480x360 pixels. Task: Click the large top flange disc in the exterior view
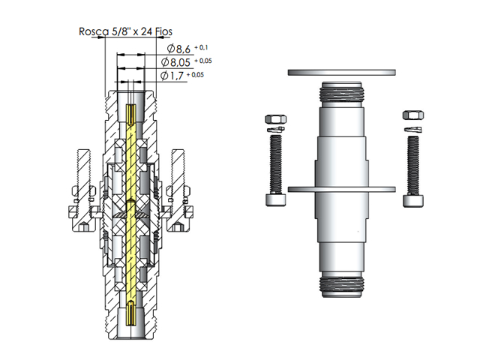click(342, 72)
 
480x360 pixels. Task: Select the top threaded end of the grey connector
click(341, 93)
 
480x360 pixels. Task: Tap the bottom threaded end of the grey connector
click(341, 284)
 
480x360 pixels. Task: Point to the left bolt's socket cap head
click(275, 199)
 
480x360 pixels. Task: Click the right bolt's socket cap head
click(412, 199)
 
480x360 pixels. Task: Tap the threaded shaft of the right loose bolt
click(412, 163)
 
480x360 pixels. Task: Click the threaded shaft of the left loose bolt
click(275, 163)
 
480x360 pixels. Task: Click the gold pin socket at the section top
click(132, 113)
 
